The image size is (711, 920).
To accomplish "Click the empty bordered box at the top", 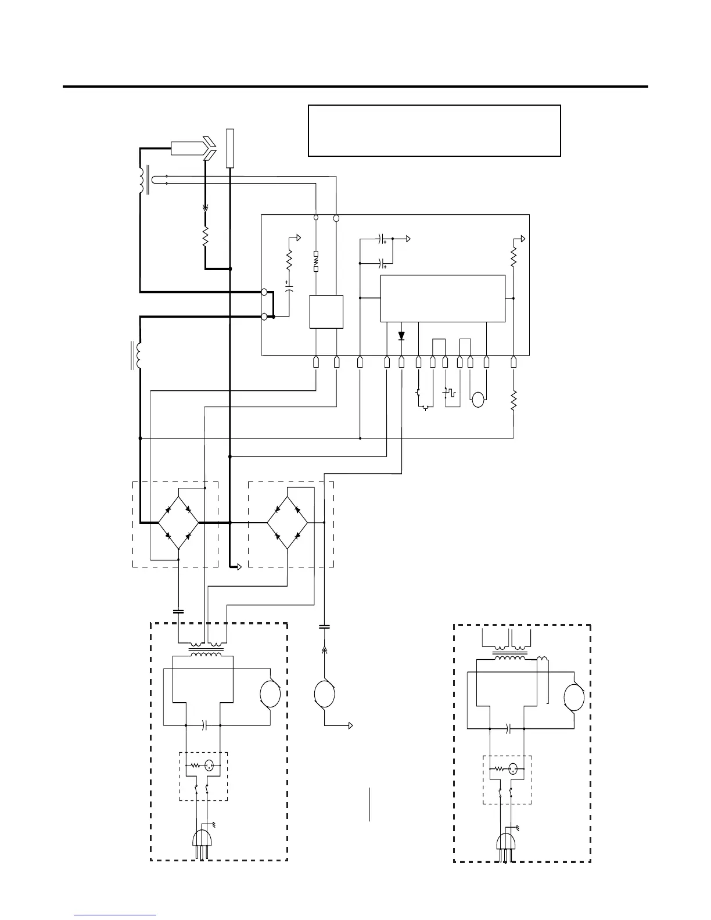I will (434, 131).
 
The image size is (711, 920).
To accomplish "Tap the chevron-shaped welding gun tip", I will (209, 148).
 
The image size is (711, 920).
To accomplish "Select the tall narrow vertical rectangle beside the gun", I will (229, 148).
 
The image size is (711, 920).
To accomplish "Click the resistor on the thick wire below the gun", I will (205, 237).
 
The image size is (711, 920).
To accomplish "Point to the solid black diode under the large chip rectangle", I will (401, 336).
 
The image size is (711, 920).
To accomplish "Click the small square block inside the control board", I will (326, 312).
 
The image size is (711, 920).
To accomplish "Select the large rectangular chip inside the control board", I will (443, 299).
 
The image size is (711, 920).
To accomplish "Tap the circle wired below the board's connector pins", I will (478, 400).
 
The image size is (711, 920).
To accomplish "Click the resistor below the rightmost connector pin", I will (513, 401).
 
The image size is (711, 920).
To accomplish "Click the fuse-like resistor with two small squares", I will (316, 262).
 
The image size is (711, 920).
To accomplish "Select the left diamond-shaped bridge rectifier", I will (178, 522).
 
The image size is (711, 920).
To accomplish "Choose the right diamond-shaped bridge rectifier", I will (288, 522).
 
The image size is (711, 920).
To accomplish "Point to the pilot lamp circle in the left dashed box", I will (210, 766).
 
